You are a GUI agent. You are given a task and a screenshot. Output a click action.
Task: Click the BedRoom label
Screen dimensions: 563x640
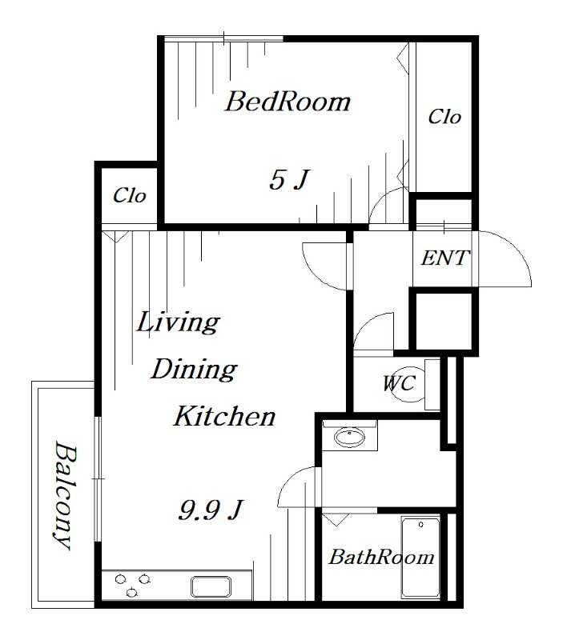tap(288, 102)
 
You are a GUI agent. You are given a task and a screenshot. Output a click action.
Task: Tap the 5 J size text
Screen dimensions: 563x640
tap(288, 179)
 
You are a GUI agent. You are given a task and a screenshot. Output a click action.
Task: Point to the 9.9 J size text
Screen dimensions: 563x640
tap(211, 510)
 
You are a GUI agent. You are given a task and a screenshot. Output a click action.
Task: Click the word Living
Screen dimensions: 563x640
tap(178, 322)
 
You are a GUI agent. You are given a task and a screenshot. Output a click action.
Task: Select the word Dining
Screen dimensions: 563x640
tap(194, 370)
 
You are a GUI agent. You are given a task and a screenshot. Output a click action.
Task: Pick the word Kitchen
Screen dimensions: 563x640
tap(225, 416)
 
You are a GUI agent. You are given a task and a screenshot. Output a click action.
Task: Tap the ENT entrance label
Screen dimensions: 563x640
tap(445, 258)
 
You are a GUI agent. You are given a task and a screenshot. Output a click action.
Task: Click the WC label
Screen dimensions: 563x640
tap(399, 383)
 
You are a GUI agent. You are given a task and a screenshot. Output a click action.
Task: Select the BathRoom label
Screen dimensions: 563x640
tap(381, 557)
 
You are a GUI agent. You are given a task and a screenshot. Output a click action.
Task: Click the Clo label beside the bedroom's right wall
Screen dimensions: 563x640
tap(444, 117)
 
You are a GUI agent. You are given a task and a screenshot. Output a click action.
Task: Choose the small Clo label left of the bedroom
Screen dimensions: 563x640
tap(130, 195)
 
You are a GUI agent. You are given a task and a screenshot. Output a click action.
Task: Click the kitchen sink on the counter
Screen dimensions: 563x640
tap(211, 586)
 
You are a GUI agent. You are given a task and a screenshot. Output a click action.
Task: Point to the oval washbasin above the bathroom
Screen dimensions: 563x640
tap(350, 438)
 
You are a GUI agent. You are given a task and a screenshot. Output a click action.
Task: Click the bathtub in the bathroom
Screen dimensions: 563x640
tap(420, 558)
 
